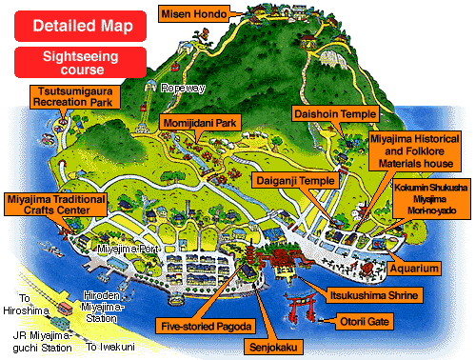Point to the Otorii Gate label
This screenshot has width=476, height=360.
coord(367,322)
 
